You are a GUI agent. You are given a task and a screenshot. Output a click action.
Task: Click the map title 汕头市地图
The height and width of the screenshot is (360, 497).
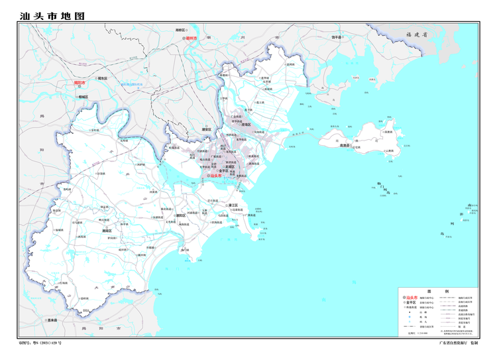52,15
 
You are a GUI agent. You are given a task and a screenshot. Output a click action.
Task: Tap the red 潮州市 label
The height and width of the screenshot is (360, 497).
193,39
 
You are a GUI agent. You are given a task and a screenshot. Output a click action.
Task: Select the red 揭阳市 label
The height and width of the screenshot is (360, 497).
80,84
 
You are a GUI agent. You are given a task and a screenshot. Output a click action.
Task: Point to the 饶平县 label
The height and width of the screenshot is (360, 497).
337,37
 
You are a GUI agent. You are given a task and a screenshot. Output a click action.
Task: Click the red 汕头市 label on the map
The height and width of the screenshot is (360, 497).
216,176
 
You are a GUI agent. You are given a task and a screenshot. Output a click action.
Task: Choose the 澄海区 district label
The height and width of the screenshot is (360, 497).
246,125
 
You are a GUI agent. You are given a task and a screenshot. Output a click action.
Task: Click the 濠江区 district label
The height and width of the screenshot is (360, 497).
233,206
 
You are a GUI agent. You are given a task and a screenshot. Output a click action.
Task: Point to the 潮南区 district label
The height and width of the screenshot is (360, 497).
107,230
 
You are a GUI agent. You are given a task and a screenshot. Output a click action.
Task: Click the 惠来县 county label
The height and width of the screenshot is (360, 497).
52,320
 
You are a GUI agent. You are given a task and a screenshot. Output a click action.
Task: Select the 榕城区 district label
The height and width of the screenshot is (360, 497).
83,97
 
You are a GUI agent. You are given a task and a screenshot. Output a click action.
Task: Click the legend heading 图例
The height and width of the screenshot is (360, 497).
437,292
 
